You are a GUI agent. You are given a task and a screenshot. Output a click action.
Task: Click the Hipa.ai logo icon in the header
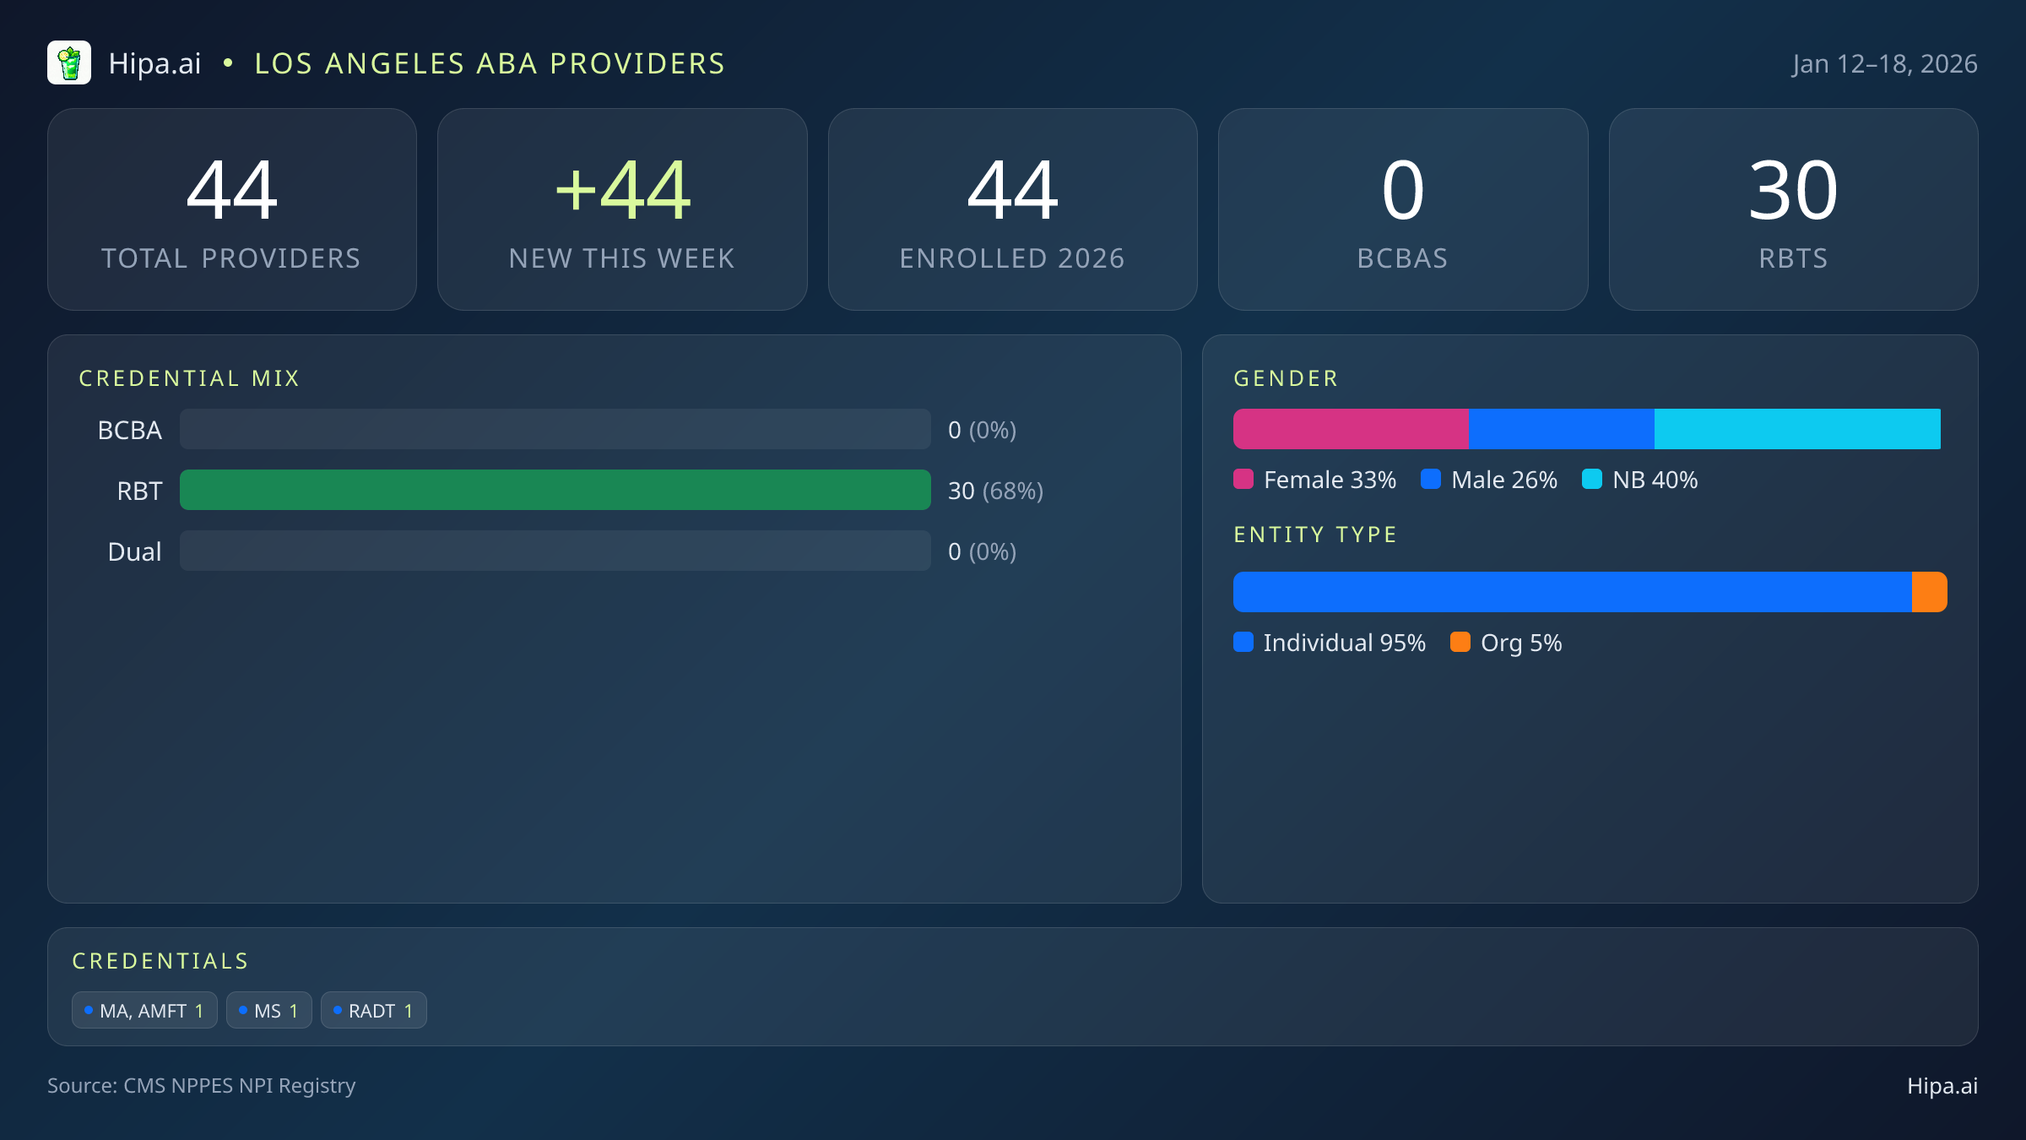click(x=69, y=63)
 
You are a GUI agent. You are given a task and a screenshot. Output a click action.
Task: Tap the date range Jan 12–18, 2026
click(x=1884, y=64)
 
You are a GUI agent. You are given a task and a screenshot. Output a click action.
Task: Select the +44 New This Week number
click(x=622, y=191)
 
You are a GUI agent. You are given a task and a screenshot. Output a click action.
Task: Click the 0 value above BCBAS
click(x=1402, y=191)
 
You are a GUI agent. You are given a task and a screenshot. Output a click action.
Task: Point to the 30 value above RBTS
click(x=1792, y=191)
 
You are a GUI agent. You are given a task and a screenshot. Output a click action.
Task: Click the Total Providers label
click(x=231, y=258)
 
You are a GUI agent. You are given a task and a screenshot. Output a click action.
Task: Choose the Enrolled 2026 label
click(x=1011, y=258)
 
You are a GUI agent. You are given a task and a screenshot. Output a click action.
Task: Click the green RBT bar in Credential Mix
click(x=555, y=490)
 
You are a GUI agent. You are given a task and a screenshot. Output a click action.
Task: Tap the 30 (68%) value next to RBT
click(x=995, y=491)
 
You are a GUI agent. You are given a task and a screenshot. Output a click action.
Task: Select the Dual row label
click(x=134, y=551)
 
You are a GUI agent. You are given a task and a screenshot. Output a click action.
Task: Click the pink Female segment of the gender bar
click(x=1350, y=429)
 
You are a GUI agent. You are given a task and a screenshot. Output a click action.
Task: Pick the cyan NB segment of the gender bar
click(x=1796, y=429)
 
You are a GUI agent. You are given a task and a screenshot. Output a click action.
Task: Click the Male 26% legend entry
click(x=1490, y=480)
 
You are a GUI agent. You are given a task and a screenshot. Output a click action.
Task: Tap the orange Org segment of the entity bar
click(x=1929, y=592)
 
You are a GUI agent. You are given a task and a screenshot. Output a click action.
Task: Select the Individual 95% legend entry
click(x=1330, y=643)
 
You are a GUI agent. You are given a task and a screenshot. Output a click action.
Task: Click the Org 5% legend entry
click(x=1507, y=643)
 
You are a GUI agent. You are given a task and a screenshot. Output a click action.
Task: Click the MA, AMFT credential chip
click(x=144, y=1011)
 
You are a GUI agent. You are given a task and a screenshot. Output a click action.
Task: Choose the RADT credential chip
click(x=373, y=1011)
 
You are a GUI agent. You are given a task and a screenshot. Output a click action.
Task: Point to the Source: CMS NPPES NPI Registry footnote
click(x=201, y=1086)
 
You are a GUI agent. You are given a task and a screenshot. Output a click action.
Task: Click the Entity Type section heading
click(x=1314, y=535)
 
